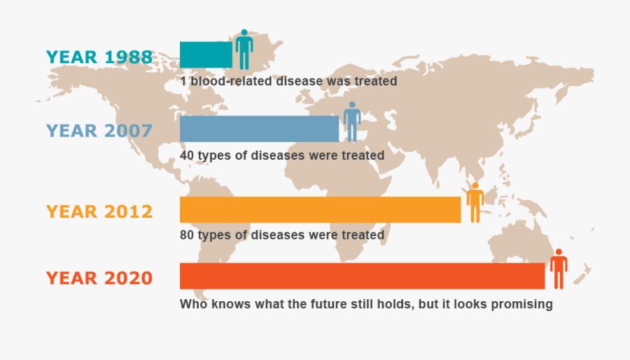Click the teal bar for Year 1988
[206, 55]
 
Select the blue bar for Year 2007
[259, 129]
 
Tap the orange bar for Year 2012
[320, 209]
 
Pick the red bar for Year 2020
[362, 276]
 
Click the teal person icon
[244, 50]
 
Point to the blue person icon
[352, 122]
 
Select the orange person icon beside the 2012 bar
[475, 203]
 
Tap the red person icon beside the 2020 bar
[559, 269]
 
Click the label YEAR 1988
[99, 57]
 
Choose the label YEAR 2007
[99, 131]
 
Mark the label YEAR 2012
[99, 212]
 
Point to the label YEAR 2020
[99, 278]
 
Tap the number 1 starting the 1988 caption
[183, 81]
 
